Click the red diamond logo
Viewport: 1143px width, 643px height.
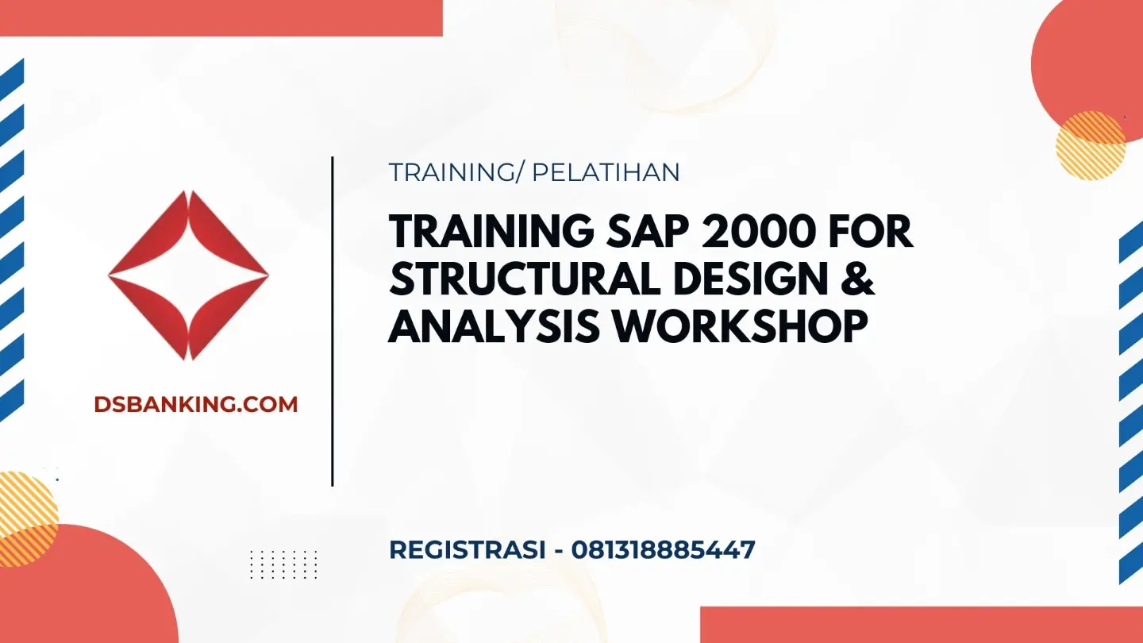(188, 275)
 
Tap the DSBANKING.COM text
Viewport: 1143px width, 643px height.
(196, 404)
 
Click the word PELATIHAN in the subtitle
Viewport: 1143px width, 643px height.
(606, 172)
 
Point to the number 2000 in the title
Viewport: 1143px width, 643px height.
(760, 232)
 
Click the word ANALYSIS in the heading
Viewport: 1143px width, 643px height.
(494, 325)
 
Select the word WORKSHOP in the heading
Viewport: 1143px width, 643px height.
(740, 325)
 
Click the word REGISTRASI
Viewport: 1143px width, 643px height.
(468, 549)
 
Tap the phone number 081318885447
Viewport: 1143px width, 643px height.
(663, 549)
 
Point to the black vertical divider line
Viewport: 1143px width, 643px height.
(332, 321)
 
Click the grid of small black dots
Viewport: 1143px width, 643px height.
(283, 564)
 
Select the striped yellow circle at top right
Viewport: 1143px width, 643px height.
(1091, 146)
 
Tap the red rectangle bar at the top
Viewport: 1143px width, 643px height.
(221, 17)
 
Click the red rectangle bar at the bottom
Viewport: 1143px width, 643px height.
(922, 625)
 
